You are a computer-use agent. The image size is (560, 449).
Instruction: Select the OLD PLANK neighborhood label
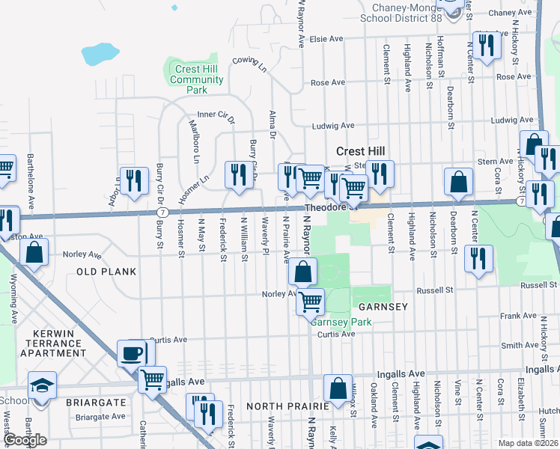tap(106, 272)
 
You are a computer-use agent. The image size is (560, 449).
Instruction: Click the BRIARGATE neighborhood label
tap(96, 402)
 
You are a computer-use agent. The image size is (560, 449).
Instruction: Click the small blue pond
tap(95, 55)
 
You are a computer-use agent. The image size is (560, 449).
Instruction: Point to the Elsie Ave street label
tap(326, 39)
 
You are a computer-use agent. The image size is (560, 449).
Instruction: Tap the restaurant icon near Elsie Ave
tap(486, 44)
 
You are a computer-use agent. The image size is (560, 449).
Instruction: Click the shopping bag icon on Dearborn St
tap(458, 181)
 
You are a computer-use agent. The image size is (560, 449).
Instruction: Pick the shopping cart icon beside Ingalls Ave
tap(152, 379)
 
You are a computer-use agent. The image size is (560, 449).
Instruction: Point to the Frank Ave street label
tap(520, 317)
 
